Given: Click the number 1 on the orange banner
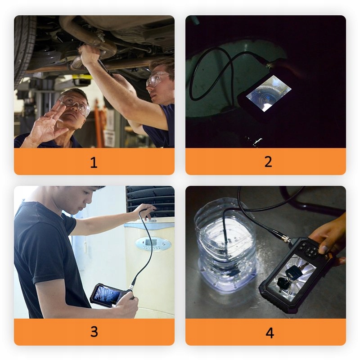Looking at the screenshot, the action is (x=94, y=162).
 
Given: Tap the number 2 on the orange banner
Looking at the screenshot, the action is (x=268, y=162).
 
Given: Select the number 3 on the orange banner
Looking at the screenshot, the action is (x=94, y=332).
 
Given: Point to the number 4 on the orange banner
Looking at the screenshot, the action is (x=270, y=333).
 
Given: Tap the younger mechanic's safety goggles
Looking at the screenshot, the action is (x=157, y=78).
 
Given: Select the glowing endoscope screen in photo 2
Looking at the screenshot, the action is (x=269, y=93).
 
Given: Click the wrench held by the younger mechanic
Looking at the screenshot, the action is (x=105, y=67).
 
